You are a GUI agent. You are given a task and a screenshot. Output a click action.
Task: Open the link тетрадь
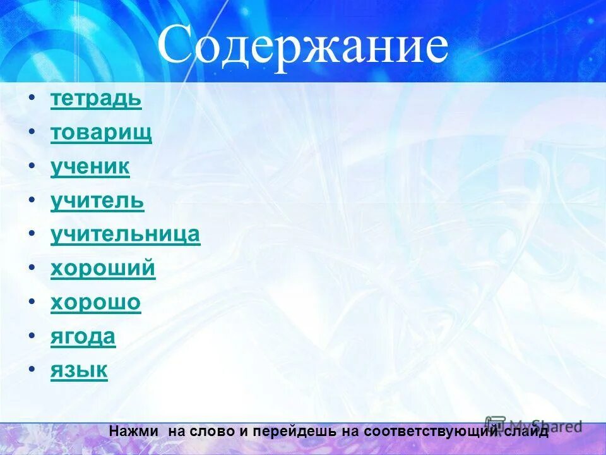(96, 100)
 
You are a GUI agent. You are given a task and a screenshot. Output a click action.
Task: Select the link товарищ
(101, 133)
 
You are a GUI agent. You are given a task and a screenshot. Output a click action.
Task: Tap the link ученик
(90, 167)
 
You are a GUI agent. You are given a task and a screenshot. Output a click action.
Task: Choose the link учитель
(97, 202)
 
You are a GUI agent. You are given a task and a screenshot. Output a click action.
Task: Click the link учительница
(125, 235)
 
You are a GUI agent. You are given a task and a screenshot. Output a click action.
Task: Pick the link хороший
(102, 269)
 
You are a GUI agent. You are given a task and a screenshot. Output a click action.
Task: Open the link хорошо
(95, 303)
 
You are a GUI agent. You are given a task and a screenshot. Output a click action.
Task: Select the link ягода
(83, 336)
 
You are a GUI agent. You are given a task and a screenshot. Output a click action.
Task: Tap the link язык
(79, 370)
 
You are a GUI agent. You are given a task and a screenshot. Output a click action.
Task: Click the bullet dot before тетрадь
(32, 99)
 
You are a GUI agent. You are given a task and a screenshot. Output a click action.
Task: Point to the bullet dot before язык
(32, 370)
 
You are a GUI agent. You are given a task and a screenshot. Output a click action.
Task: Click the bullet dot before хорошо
(32, 302)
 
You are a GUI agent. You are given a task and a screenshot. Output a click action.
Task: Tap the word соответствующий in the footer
(441, 432)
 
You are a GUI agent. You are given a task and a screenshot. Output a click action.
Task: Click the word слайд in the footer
(526, 432)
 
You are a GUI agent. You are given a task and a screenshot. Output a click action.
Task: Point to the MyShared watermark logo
(534, 425)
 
